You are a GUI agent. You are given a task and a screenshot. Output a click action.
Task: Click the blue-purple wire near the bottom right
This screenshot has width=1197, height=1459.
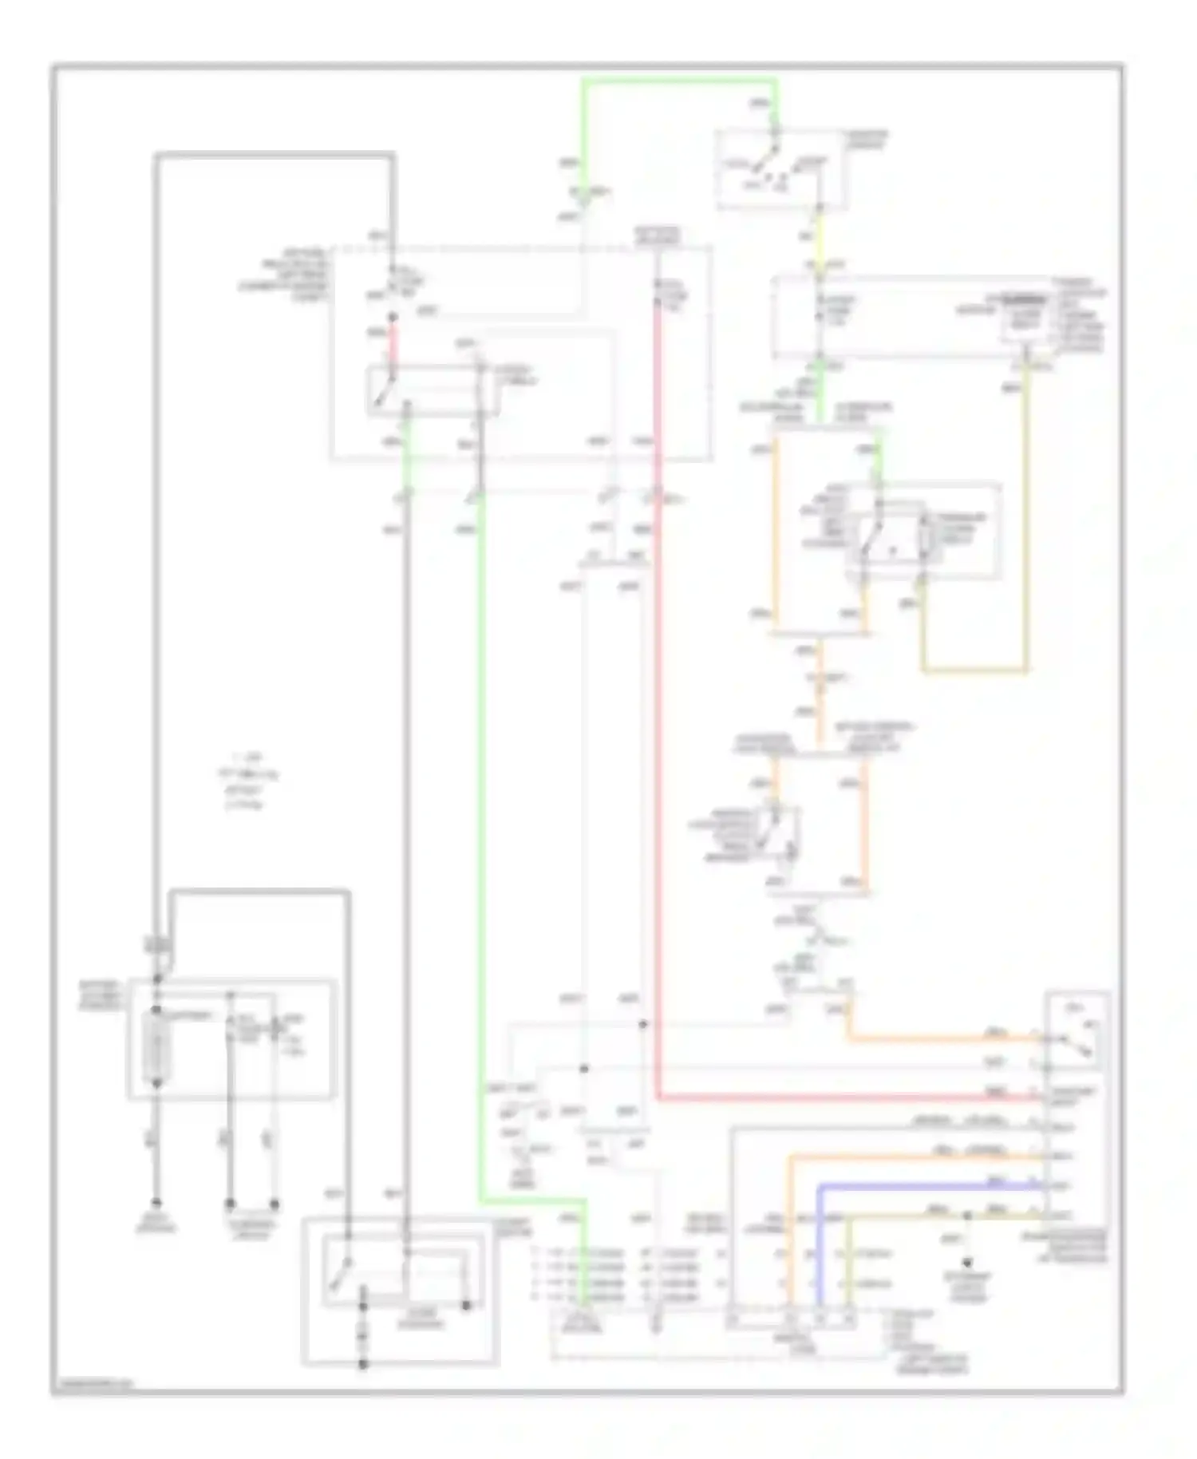pyautogui.click(x=926, y=1188)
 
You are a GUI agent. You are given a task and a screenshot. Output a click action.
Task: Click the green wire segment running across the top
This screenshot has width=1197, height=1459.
pyautogui.click(x=678, y=81)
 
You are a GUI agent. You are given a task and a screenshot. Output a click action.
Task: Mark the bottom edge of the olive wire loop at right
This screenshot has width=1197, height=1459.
pyautogui.click(x=974, y=670)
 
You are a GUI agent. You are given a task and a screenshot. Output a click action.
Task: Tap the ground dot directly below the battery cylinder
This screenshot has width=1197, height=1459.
pyautogui.click(x=157, y=1202)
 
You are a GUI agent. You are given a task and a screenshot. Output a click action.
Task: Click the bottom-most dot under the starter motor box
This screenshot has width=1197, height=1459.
pyautogui.click(x=362, y=1364)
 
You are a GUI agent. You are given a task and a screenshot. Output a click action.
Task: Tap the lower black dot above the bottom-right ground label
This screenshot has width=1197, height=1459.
pyautogui.click(x=967, y=1263)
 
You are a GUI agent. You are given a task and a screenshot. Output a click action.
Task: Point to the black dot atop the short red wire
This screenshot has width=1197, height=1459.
pyautogui.click(x=392, y=318)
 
